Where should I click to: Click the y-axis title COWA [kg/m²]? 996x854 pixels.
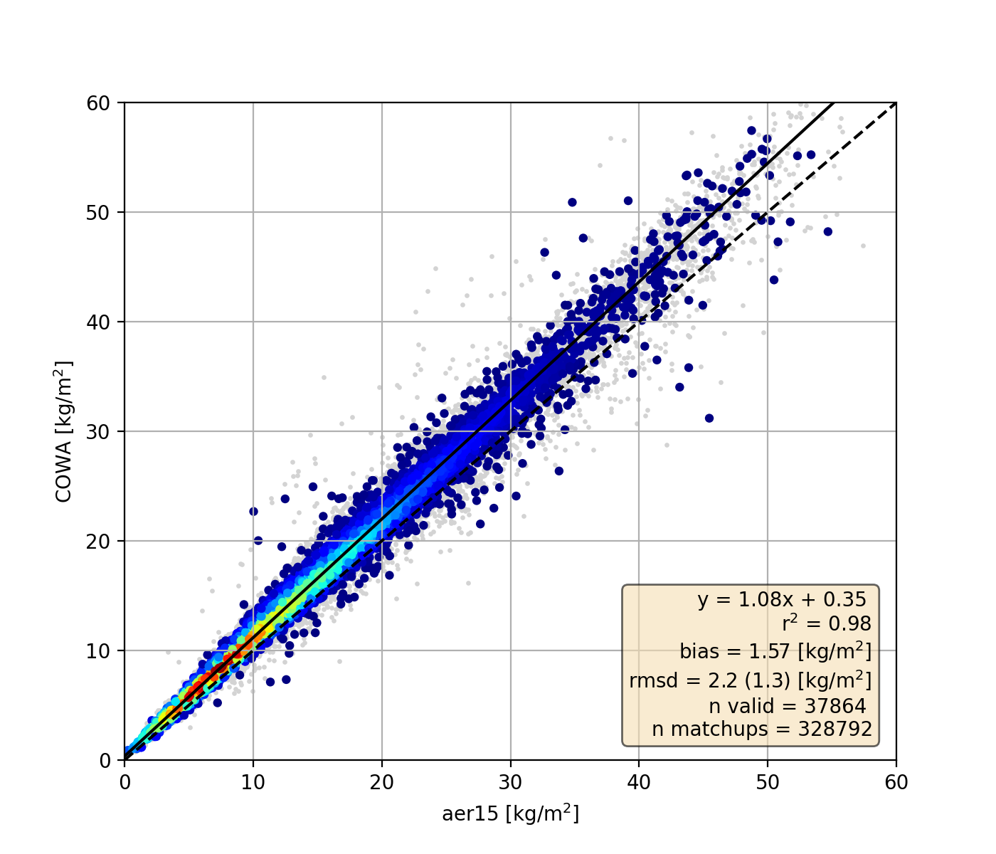[x=64, y=431]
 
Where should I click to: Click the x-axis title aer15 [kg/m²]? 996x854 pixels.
[x=510, y=813]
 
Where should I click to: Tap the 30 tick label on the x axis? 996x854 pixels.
[x=510, y=781]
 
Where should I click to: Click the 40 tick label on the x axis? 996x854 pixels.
[x=639, y=781]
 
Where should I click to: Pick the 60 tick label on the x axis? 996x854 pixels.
[x=896, y=781]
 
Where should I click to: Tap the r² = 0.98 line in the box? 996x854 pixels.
[x=826, y=624]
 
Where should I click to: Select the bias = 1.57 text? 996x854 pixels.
[x=775, y=650]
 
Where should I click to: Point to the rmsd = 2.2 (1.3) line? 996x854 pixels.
[x=750, y=680]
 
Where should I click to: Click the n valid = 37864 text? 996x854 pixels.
[x=787, y=706]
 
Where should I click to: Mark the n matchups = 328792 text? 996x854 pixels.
[x=761, y=729]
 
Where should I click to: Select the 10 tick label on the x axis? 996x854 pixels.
[x=253, y=781]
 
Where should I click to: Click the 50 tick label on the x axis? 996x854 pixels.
[x=767, y=781]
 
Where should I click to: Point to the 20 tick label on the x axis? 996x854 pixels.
[x=382, y=781]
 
